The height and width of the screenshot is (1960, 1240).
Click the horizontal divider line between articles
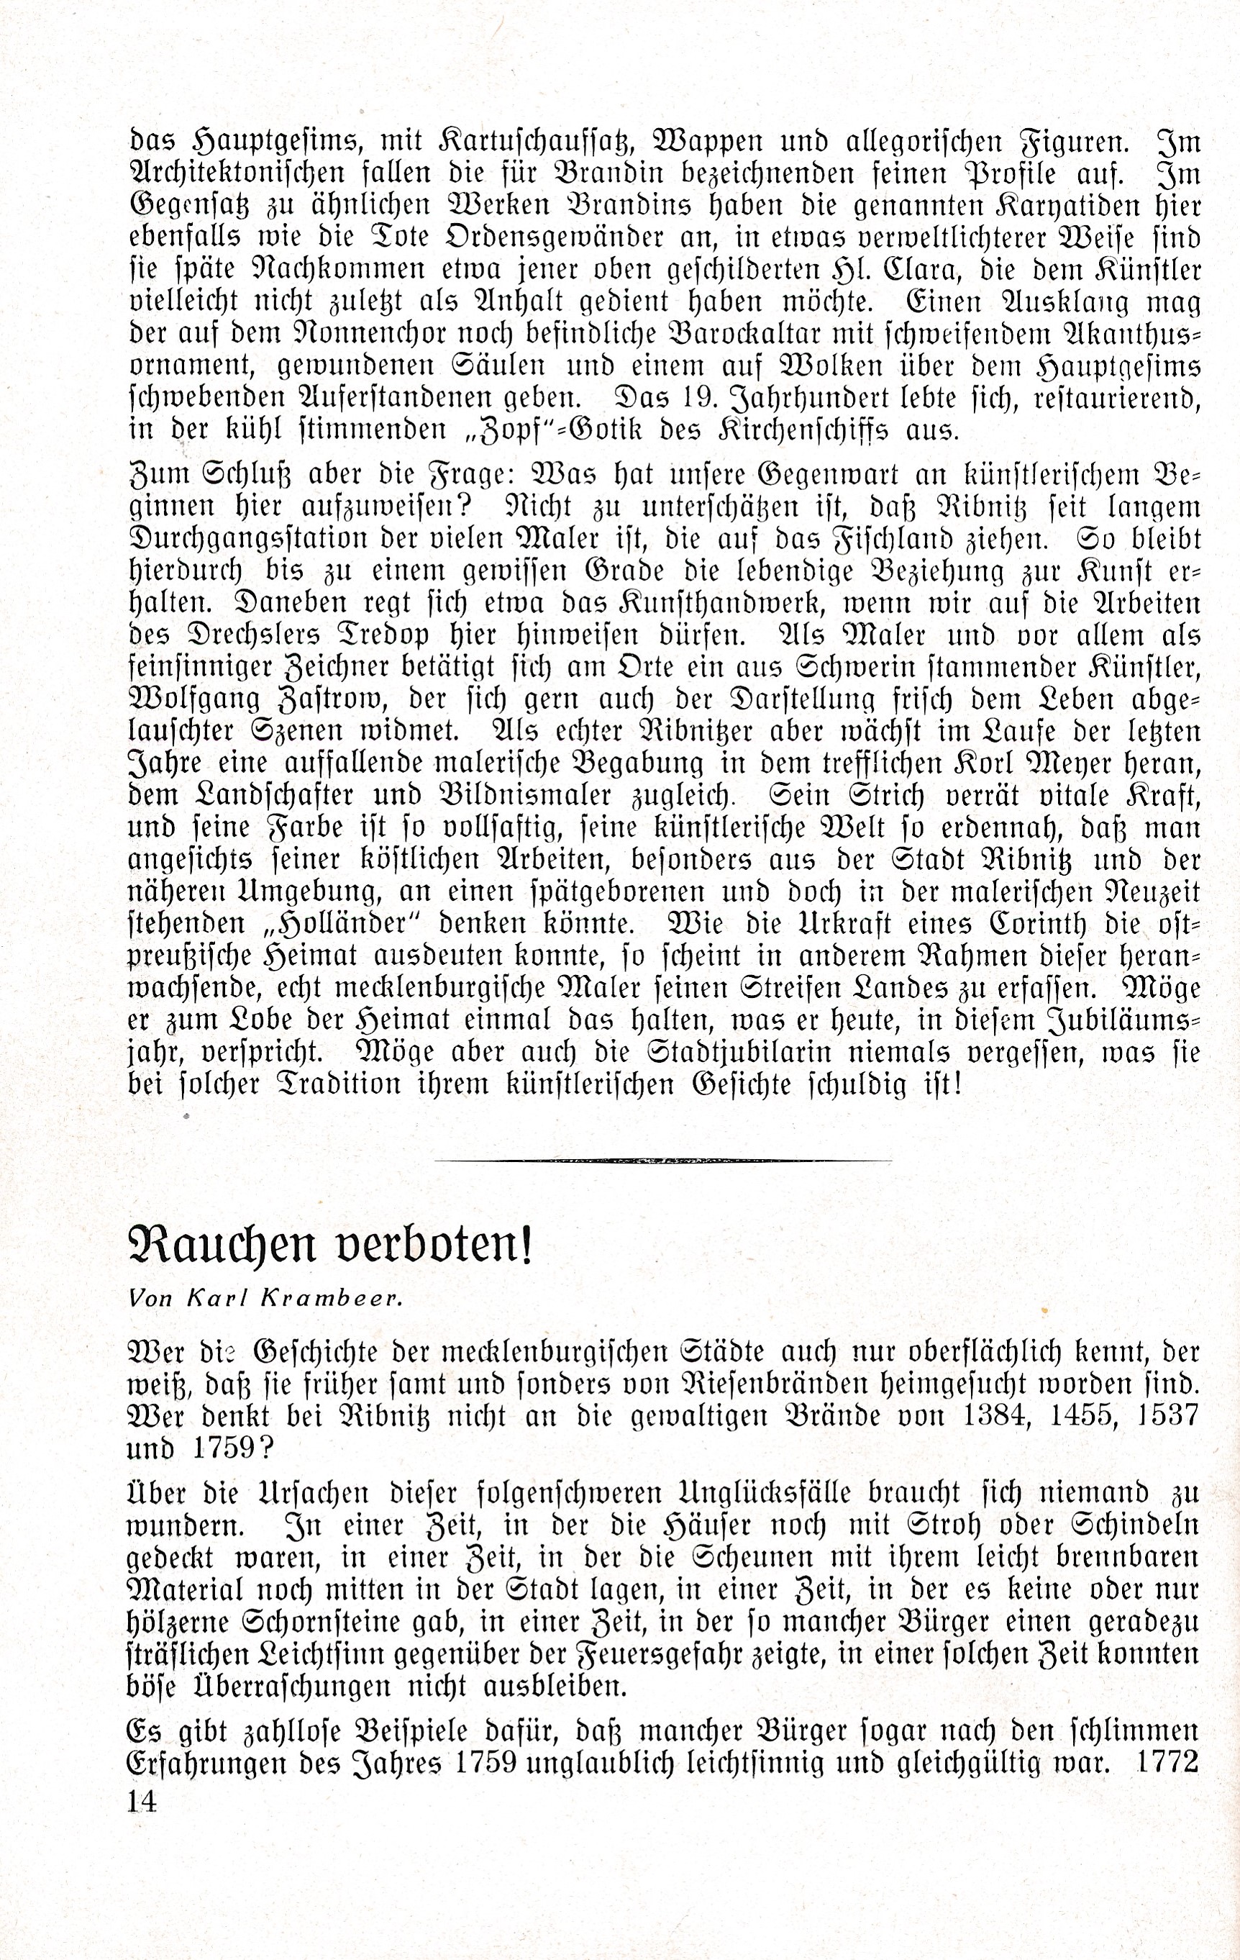[x=663, y=1160]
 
